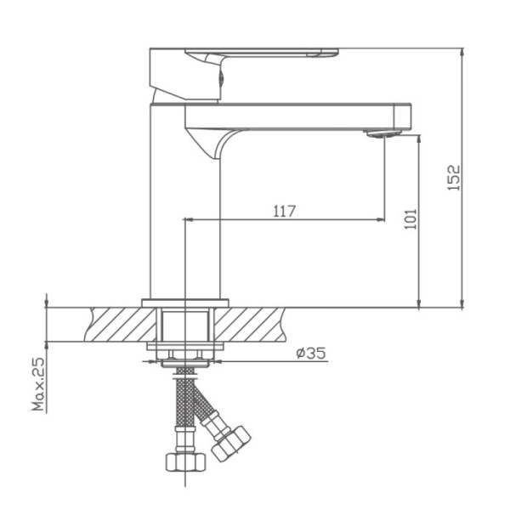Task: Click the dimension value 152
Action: pos(454,177)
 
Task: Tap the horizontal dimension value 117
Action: pos(285,211)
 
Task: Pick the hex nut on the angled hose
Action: pos(231,441)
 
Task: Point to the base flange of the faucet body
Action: pos(185,303)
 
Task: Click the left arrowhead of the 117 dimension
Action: pos(190,219)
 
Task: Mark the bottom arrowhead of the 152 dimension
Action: pos(462,303)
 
